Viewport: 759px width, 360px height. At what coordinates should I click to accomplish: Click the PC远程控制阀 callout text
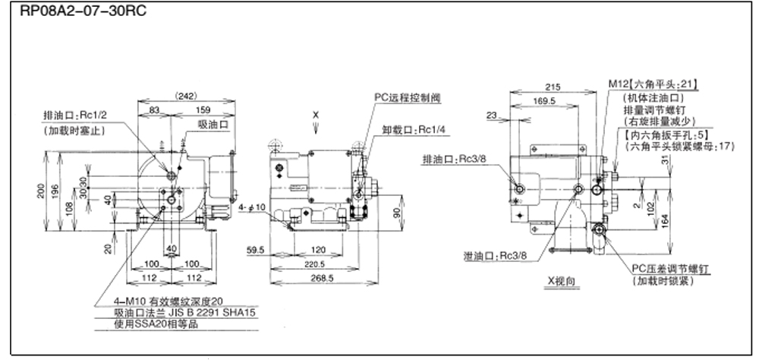[408, 97]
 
